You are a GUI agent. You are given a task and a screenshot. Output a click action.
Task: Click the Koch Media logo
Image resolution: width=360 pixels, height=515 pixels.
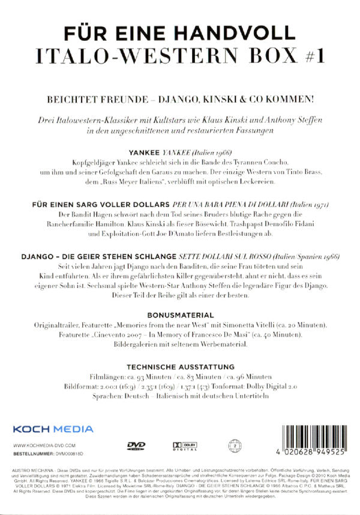(x=53, y=429)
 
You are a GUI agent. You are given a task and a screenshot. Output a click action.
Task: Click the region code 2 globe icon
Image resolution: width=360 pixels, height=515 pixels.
(x=234, y=445)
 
